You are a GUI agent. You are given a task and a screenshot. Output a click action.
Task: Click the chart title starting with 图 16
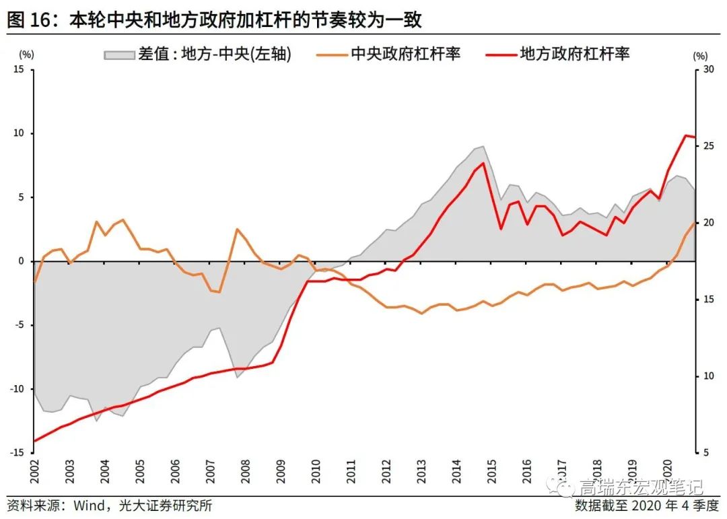[214, 20]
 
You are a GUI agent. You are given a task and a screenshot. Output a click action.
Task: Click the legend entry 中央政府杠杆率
[405, 55]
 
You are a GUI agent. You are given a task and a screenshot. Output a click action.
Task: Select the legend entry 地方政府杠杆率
[574, 55]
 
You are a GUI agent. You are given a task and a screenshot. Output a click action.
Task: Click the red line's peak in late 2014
[483, 163]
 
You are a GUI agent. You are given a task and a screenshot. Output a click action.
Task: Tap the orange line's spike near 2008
[238, 229]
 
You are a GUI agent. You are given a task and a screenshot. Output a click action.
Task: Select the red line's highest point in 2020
[685, 135]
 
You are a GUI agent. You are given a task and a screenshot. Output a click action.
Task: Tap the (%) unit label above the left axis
[26, 54]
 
